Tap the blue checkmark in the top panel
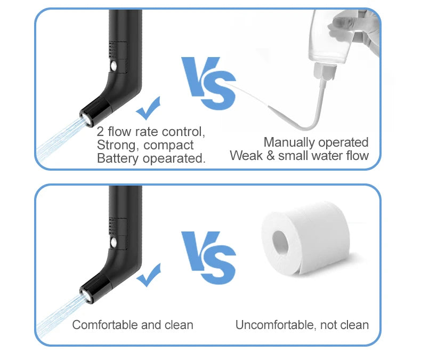(149, 108)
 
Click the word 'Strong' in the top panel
(113, 145)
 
